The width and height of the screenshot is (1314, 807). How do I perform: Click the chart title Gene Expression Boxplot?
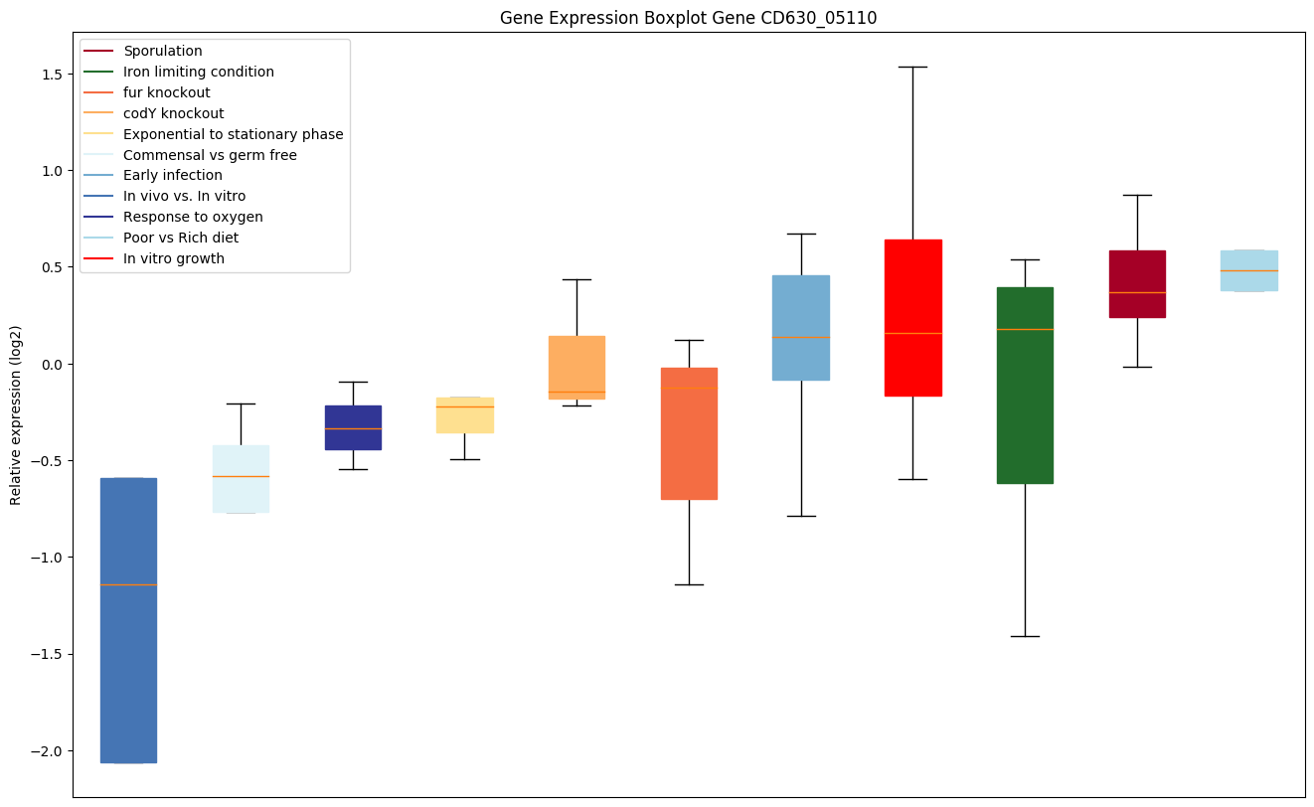coord(688,18)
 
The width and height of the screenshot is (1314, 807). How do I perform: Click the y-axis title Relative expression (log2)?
coord(16,414)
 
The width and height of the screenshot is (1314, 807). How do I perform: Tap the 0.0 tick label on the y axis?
coord(51,364)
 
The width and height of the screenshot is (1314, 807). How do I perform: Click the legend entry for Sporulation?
coord(163,51)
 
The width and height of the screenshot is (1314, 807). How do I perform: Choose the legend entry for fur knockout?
coord(167,92)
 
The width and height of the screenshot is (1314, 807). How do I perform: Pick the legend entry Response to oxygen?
coord(193,217)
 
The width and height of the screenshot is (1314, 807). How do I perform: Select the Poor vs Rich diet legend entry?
coord(181,238)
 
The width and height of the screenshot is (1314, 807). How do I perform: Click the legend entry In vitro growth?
coord(174,258)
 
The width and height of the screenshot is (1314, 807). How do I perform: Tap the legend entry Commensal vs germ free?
coord(210,155)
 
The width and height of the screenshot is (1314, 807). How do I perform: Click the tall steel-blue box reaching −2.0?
coord(128,676)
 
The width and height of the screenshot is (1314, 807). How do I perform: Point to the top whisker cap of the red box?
coord(912,67)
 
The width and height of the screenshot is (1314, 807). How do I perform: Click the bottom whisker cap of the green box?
coord(1025,636)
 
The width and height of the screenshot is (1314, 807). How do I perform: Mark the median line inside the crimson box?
coord(1137,292)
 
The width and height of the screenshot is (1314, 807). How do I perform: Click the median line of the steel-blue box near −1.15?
coord(128,584)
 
